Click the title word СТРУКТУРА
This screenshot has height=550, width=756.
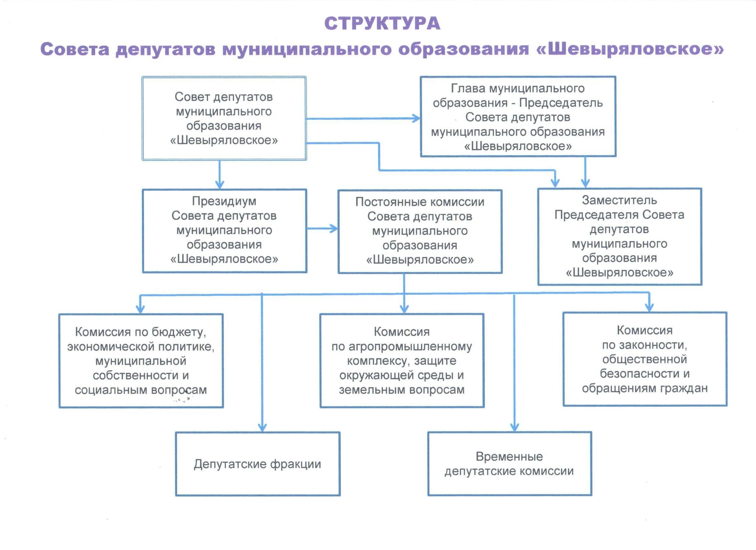(382, 24)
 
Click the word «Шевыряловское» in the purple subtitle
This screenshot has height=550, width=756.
(630, 49)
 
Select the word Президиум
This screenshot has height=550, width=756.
(224, 201)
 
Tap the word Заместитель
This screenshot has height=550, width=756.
(619, 200)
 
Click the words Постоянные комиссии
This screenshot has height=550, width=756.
(420, 202)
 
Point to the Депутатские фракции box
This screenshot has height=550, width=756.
(258, 464)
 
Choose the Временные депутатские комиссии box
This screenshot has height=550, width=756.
(509, 464)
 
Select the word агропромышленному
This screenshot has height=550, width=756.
(410, 347)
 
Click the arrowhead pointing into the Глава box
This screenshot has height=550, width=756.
(416, 118)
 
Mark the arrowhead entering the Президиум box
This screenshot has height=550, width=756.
(219, 184)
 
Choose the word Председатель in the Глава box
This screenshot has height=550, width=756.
(561, 103)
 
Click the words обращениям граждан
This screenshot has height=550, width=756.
(645, 388)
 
